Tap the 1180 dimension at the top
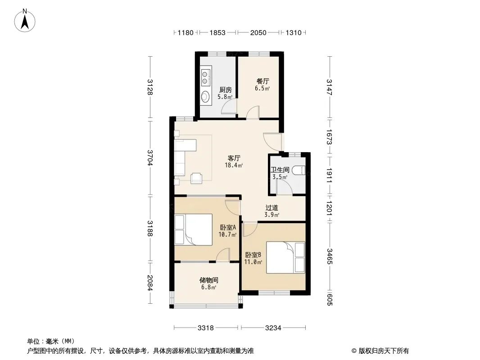point(186,32)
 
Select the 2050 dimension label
point(258,32)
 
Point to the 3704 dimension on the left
point(149,157)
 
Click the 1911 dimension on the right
point(329,175)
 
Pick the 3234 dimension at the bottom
point(273,328)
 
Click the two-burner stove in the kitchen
point(205,77)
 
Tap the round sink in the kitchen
point(205,97)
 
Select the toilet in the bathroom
point(299,170)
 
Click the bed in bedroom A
point(193,229)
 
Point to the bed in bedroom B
point(285,257)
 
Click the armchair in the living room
point(196,178)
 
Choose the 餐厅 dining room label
point(263,81)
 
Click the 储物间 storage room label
point(209,280)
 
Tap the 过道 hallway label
point(272,208)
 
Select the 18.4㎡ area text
point(234,166)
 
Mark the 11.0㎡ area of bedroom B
point(253,262)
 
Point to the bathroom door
point(285,187)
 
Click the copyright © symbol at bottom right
point(354,351)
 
